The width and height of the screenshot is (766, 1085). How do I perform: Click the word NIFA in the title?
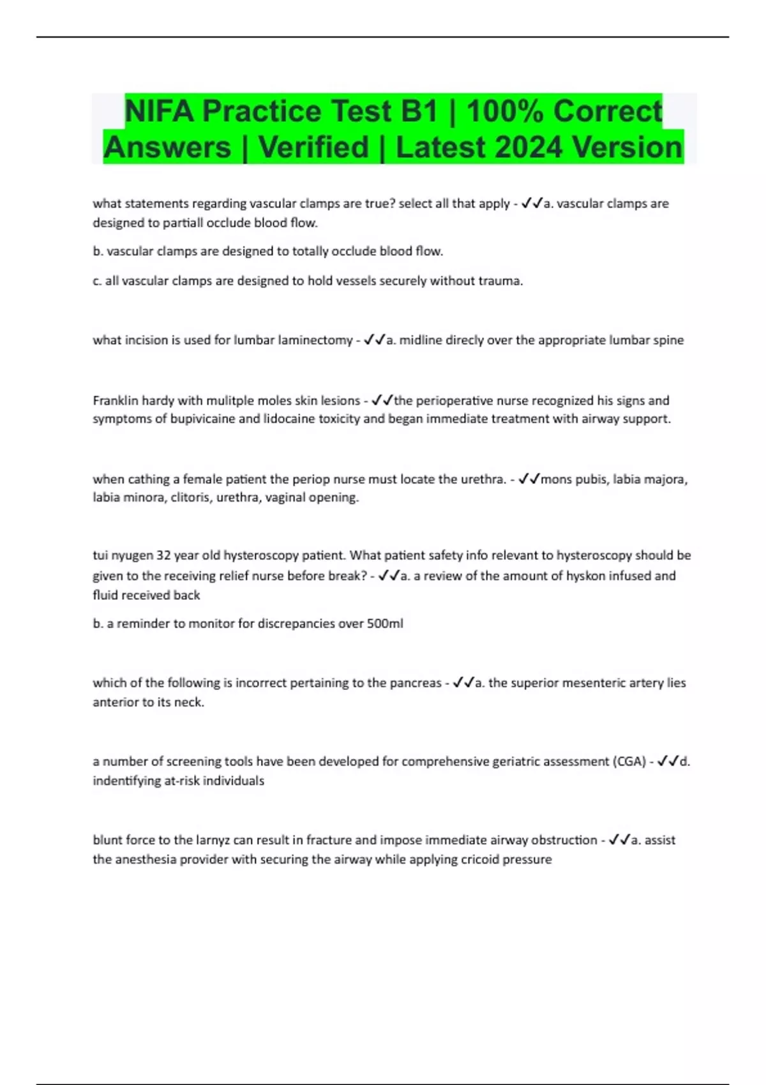tap(159, 112)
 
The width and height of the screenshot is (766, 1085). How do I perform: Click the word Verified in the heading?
tap(313, 147)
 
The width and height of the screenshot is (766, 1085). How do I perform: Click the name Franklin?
tap(115, 401)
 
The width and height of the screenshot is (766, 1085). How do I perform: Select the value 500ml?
tap(385, 624)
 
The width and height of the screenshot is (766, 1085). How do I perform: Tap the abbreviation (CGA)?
tap(629, 761)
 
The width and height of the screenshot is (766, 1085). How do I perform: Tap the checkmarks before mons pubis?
tap(529, 479)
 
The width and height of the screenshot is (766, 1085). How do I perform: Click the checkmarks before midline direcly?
tap(375, 340)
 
